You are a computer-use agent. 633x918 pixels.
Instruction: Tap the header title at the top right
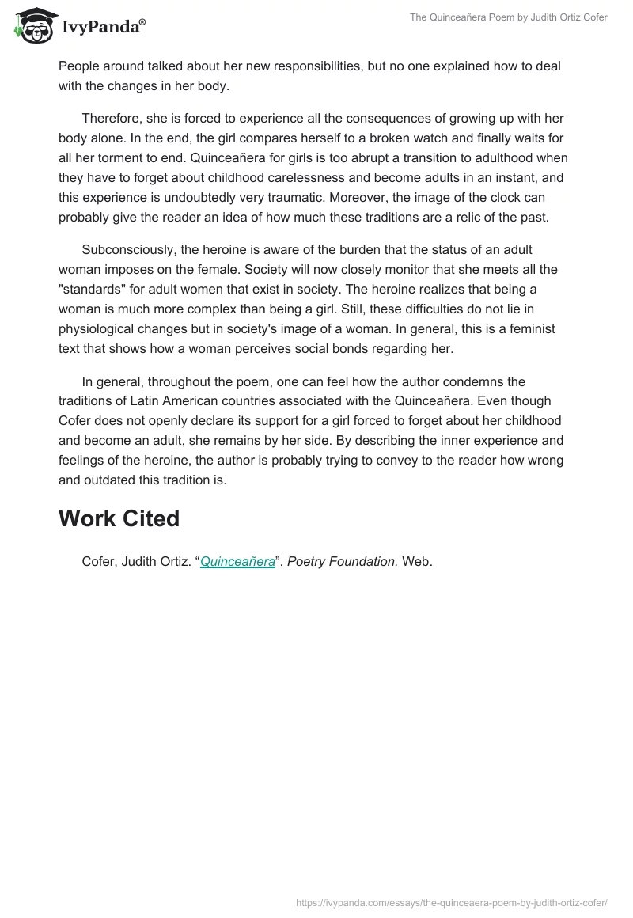coord(508,17)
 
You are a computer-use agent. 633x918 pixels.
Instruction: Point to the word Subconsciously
coord(130,249)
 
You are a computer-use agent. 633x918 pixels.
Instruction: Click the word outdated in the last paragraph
coord(113,480)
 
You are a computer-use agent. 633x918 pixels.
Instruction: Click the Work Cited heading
coord(119,518)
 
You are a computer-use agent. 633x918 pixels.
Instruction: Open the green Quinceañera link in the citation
coord(237,561)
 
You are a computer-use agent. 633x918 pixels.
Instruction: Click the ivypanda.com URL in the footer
coord(452,902)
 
